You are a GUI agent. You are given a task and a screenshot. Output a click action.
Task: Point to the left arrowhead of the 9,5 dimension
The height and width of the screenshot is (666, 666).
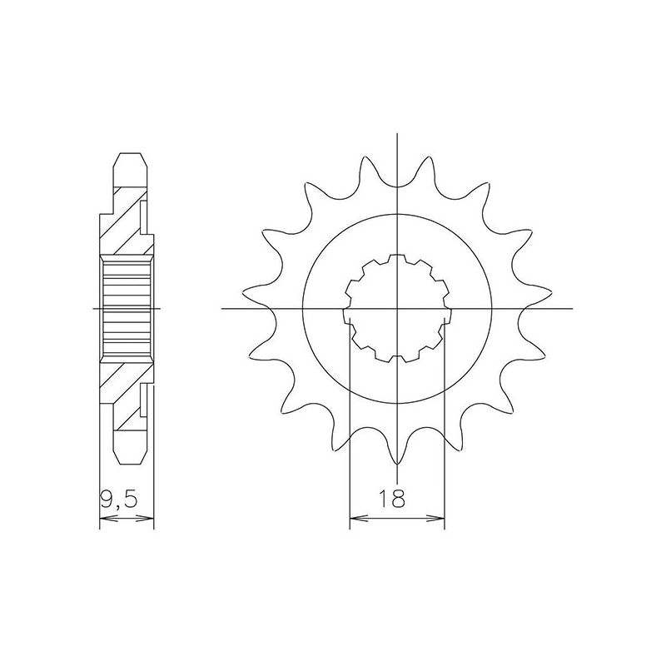tap(103, 522)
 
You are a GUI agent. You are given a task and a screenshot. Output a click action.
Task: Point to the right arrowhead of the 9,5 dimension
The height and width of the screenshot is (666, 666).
tap(151, 522)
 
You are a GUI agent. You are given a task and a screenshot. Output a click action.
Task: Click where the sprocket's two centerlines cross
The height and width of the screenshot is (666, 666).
tap(397, 309)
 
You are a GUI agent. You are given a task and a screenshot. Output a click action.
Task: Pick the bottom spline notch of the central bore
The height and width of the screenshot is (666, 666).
tap(397, 359)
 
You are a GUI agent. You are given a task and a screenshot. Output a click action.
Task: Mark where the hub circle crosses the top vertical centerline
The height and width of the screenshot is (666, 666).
tap(397, 215)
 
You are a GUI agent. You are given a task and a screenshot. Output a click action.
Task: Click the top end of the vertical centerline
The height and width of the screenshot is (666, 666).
tap(397, 133)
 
